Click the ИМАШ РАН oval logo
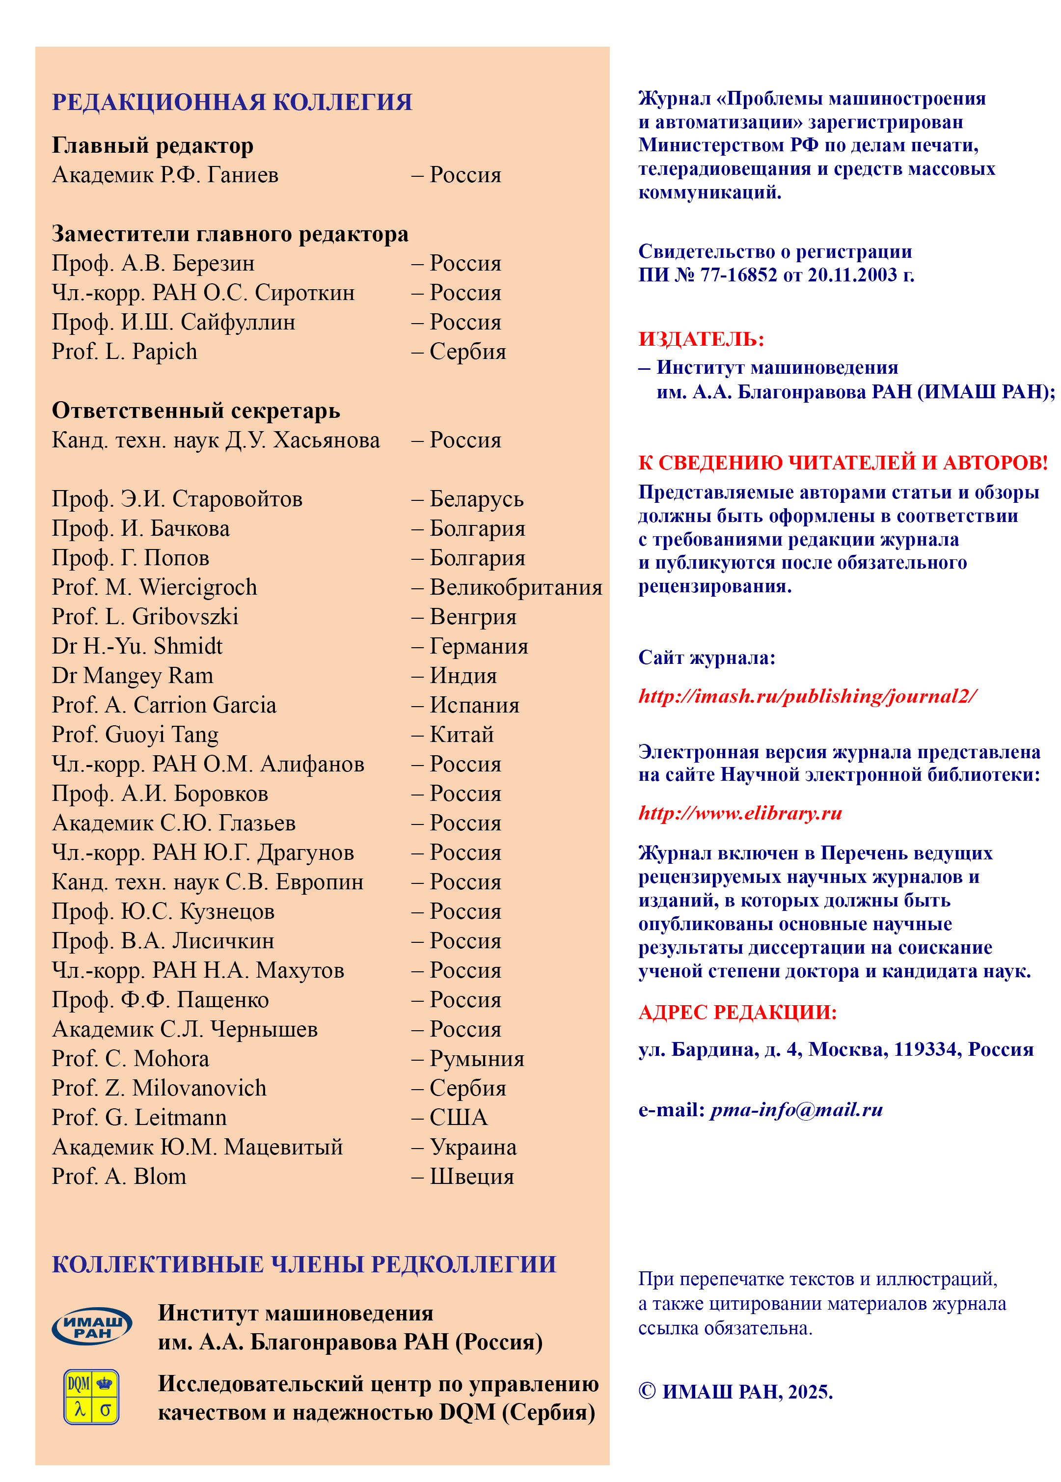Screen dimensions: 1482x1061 tap(92, 1326)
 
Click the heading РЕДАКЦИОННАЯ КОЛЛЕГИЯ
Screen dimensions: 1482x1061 tap(232, 103)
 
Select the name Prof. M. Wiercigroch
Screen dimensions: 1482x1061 tap(154, 587)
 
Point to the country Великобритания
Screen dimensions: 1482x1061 tap(516, 587)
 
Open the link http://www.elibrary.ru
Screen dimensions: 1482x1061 tap(740, 813)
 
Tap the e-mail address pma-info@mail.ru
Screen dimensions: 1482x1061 tap(796, 1110)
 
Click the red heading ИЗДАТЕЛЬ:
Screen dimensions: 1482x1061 tap(701, 339)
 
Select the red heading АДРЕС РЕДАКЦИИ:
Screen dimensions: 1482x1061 tap(737, 1012)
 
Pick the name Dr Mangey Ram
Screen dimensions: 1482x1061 tap(133, 676)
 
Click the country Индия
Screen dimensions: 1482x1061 tap(463, 676)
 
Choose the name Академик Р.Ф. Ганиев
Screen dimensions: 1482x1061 tap(165, 175)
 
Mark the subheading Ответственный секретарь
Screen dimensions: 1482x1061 tap(196, 411)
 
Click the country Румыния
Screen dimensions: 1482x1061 tap(477, 1059)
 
